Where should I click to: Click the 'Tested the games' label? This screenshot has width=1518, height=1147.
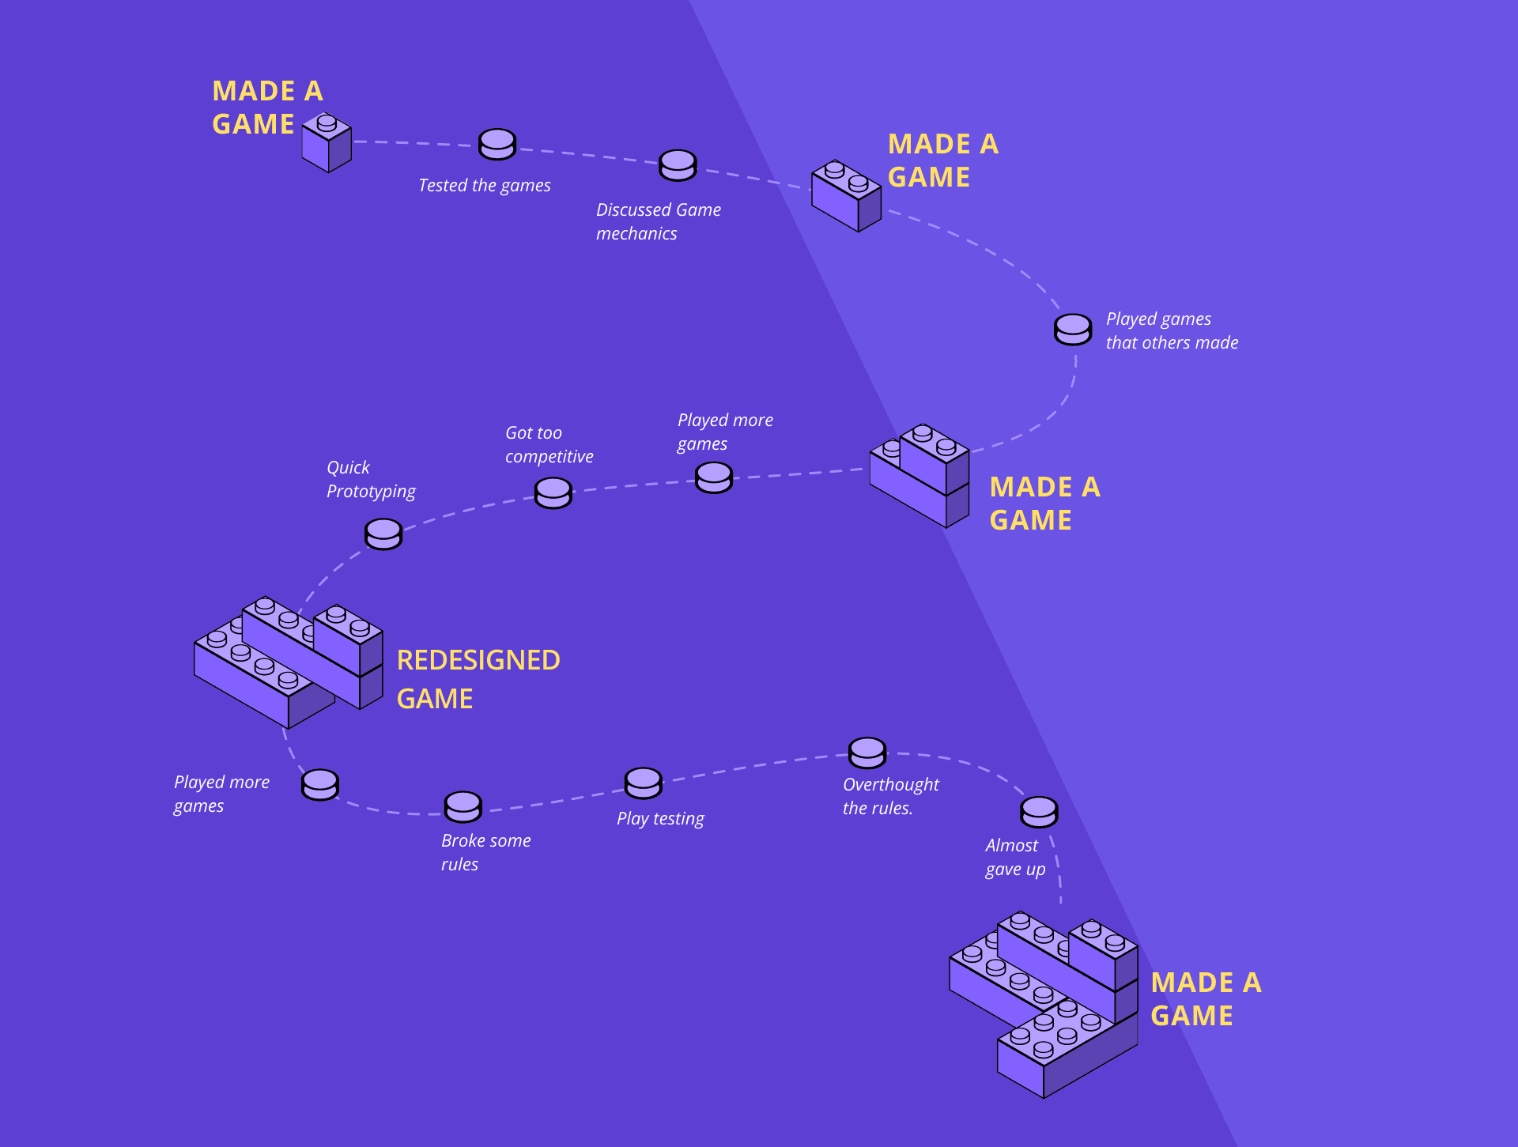(484, 186)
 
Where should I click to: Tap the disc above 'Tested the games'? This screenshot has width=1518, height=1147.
(497, 144)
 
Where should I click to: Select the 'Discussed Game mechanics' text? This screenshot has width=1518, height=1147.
(658, 221)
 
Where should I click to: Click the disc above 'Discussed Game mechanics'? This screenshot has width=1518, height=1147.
(678, 164)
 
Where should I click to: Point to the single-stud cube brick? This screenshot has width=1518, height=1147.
(327, 143)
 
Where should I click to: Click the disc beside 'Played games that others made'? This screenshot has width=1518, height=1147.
(1073, 329)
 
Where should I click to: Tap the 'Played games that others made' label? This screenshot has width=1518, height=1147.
(1171, 330)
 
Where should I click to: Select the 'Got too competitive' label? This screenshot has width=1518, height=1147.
(549, 444)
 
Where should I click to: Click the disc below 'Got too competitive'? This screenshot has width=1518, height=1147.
(553, 493)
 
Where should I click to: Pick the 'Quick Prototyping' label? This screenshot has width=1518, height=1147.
(370, 479)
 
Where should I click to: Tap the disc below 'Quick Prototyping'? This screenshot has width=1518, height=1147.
(383, 534)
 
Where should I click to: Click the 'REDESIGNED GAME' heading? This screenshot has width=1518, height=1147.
(478, 679)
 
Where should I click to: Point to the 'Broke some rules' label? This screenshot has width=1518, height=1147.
(485, 852)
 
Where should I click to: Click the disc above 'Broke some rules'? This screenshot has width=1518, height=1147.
(463, 806)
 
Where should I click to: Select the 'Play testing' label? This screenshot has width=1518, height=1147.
(660, 818)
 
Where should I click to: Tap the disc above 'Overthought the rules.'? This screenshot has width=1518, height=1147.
(867, 753)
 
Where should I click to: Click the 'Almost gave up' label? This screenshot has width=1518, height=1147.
(1015, 857)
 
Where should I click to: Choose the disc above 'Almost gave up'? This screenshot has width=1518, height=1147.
(1039, 811)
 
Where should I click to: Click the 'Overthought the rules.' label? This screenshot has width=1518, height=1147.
(890, 796)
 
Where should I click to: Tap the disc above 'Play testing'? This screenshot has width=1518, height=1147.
(644, 783)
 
